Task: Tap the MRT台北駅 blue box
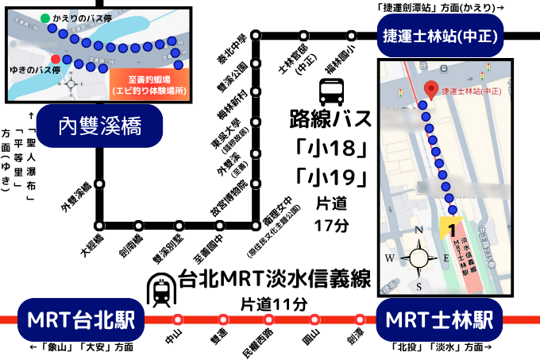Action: pyautogui.click(x=80, y=319)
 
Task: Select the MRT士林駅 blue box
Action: pyautogui.click(x=441, y=319)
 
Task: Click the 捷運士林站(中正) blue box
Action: pyautogui.click(x=442, y=36)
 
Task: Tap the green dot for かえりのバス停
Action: pyautogui.click(x=45, y=17)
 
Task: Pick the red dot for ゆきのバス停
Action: pyautogui.click(x=54, y=59)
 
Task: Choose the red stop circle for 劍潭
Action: pyautogui.click(x=360, y=319)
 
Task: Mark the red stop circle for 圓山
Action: pyautogui.click(x=314, y=319)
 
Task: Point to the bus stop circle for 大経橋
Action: pyautogui.click(x=99, y=225)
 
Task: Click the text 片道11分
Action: pyautogui.click(x=273, y=304)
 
